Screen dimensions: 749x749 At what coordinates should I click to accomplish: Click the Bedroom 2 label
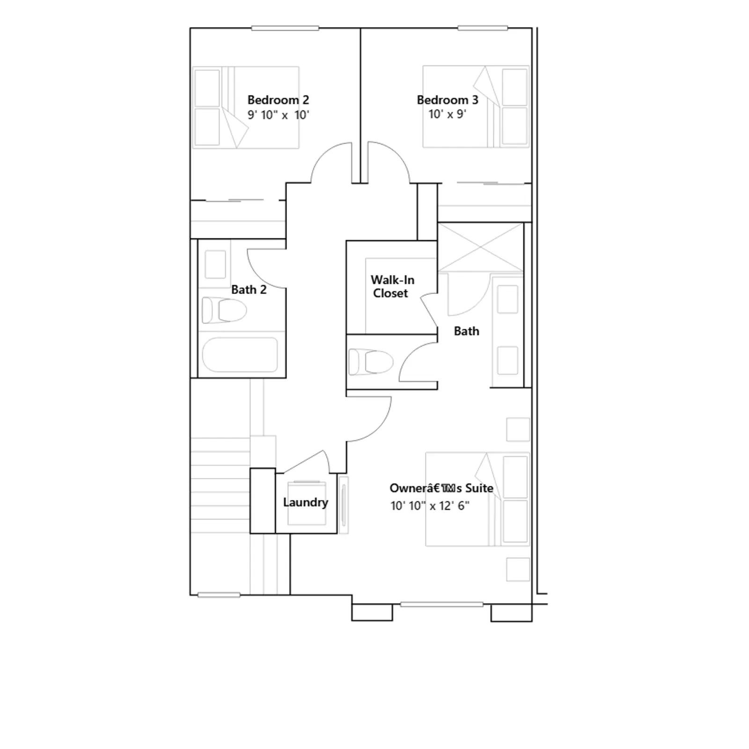point(278,100)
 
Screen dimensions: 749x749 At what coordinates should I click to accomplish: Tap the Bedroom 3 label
point(448,100)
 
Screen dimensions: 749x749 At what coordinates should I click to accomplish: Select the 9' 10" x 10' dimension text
point(278,115)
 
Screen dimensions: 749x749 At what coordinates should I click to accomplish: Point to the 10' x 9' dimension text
point(447,114)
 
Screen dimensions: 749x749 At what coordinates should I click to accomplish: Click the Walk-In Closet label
point(392,286)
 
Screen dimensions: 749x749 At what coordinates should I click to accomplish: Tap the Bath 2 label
point(249,290)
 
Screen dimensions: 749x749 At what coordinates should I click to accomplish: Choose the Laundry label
point(305,502)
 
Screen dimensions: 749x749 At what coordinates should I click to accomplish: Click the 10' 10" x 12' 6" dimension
point(430,506)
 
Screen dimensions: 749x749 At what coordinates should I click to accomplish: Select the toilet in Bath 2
point(224,310)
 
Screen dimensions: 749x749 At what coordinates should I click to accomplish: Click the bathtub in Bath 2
point(240,355)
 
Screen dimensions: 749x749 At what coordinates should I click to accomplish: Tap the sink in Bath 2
point(215,264)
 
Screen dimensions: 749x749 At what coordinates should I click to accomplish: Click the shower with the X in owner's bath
point(481,247)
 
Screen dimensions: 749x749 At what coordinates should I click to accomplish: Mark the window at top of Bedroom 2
point(285,29)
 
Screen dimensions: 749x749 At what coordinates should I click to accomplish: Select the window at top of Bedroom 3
point(483,29)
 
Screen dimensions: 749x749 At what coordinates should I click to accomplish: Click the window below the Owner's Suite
point(441,604)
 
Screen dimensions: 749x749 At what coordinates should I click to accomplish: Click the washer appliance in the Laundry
point(306,503)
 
